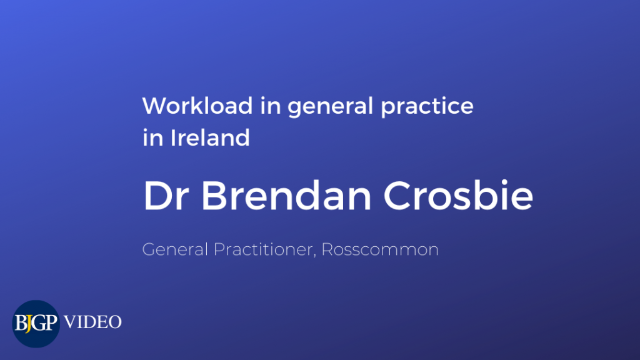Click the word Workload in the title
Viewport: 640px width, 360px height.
(x=197, y=106)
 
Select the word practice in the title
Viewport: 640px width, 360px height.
(x=427, y=107)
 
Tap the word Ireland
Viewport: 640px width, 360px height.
(x=210, y=137)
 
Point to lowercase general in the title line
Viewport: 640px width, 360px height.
(x=330, y=107)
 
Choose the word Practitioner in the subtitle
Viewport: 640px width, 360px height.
(x=263, y=249)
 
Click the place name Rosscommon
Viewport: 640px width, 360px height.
(x=380, y=249)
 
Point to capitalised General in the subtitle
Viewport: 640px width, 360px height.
(x=175, y=249)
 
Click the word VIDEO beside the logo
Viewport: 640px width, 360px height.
(x=92, y=322)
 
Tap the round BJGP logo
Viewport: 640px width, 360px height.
(x=36, y=324)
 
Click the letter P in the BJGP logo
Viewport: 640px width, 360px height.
(x=50, y=323)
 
